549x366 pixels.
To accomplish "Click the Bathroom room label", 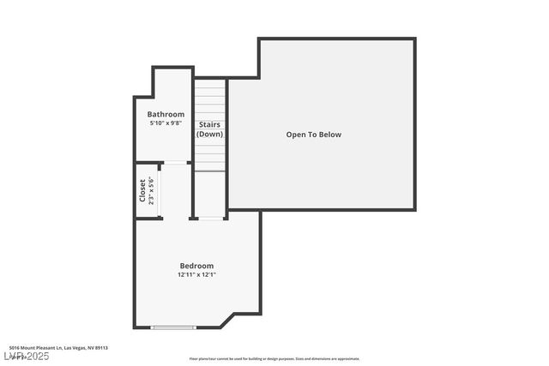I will pyautogui.click(x=166, y=115).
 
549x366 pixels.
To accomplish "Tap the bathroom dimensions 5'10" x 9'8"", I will pyautogui.click(x=166, y=123).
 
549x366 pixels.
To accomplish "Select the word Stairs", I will pyautogui.click(x=209, y=125).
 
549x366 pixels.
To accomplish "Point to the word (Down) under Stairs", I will pyautogui.click(x=209, y=135).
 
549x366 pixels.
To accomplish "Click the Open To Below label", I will pyautogui.click(x=313, y=135).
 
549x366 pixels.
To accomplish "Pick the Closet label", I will pyautogui.click(x=142, y=190).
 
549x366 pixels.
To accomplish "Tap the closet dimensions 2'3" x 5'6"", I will pyautogui.click(x=151, y=190).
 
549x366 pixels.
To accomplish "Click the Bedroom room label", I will pyautogui.click(x=196, y=266).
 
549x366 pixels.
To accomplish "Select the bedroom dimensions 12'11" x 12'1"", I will pyautogui.click(x=196, y=275).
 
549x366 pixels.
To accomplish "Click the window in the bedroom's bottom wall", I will pyautogui.click(x=173, y=327).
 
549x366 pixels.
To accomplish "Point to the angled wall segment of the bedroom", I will pyautogui.click(x=227, y=321).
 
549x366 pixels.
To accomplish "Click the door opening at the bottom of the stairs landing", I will pyautogui.click(x=210, y=218).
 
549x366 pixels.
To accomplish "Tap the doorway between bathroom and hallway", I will pyautogui.click(x=177, y=162).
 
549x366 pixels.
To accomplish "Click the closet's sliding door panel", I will pyautogui.click(x=160, y=190).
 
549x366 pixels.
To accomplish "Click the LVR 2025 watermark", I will pyautogui.click(x=26, y=356).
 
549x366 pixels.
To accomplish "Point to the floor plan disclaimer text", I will pyautogui.click(x=274, y=359).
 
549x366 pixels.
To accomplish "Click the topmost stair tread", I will pyautogui.click(x=210, y=83).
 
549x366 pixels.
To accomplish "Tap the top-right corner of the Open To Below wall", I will pyautogui.click(x=414, y=39).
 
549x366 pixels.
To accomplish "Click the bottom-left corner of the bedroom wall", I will pyautogui.click(x=135, y=327).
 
